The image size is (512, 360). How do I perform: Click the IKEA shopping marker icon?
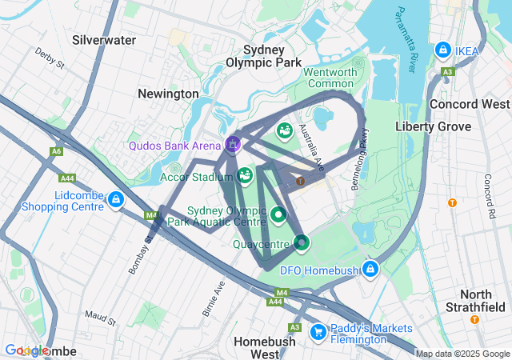coord(442,50)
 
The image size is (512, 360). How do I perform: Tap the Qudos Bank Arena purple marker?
coord(233,144)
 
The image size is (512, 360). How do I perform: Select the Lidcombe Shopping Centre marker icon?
coord(116,199)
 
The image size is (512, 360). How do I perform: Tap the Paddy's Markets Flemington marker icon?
coord(318,330)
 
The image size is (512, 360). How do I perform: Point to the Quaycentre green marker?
coord(301,241)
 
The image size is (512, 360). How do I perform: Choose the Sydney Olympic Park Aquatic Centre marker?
coord(278,214)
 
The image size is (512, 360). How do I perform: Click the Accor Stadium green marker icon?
coord(246,174)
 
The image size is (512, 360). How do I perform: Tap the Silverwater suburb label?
coord(104,39)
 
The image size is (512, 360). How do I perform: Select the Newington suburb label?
coord(168,94)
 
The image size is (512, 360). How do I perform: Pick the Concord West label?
coord(470,104)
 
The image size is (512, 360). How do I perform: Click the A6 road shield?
coord(56,150)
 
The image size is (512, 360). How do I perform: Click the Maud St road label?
coord(101,318)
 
